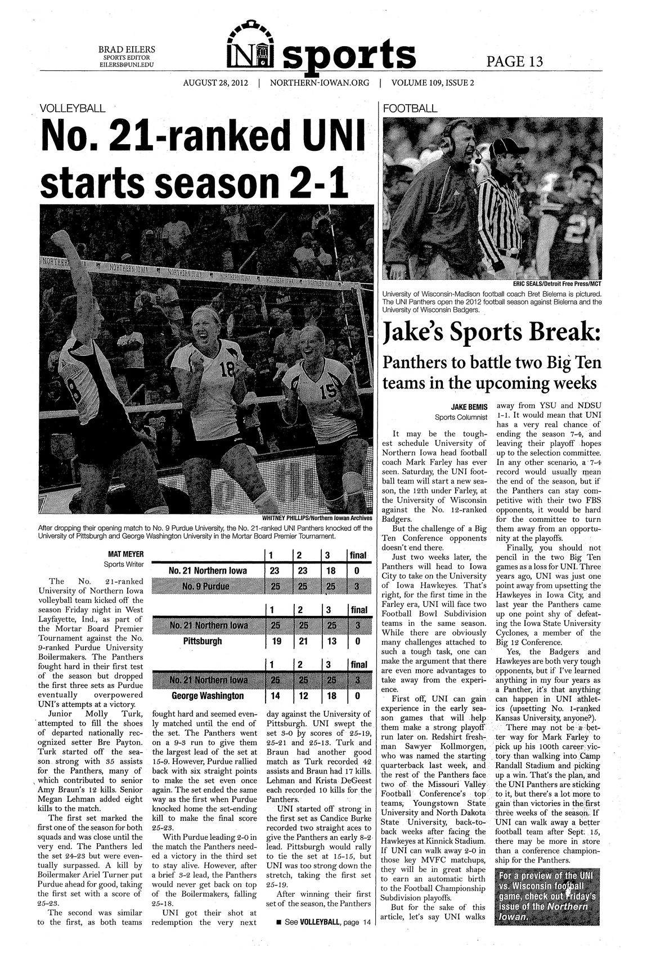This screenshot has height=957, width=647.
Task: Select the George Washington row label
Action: point(207,696)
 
